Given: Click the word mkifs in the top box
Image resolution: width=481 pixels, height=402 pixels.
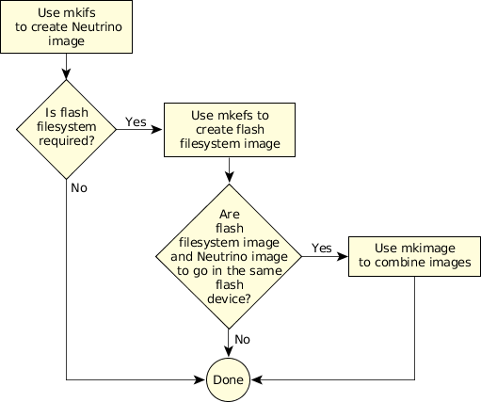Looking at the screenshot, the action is (x=79, y=13).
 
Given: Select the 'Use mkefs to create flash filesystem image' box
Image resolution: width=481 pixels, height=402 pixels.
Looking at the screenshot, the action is (x=230, y=130).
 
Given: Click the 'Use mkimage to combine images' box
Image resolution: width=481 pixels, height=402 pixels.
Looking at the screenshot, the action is (x=414, y=256).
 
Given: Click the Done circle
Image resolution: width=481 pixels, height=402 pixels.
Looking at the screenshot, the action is (x=228, y=379).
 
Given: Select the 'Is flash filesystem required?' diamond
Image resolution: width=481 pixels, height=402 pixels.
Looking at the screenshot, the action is (x=66, y=129).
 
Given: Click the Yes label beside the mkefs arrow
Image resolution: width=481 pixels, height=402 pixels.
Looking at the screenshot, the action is (x=136, y=121).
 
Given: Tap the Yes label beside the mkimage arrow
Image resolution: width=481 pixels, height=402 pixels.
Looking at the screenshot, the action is (x=322, y=248).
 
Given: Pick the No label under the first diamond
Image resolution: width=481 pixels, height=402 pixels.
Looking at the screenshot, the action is (x=79, y=187).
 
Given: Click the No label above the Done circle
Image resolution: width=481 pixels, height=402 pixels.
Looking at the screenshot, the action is (x=242, y=339).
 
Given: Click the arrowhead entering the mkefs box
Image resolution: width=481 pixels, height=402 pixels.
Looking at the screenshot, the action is (x=157, y=129).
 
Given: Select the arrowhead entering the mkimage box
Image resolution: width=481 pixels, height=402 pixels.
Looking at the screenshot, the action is (x=342, y=256).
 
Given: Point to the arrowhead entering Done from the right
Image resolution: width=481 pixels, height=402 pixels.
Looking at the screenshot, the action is (x=257, y=379).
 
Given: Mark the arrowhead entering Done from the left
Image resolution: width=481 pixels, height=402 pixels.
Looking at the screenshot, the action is (x=200, y=379).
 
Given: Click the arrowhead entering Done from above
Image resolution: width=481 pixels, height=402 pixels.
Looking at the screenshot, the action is (x=229, y=351).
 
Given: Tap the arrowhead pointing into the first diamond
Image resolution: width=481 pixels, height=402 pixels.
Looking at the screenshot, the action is (x=66, y=74).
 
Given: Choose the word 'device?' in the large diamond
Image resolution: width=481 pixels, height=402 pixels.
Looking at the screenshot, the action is (x=229, y=298).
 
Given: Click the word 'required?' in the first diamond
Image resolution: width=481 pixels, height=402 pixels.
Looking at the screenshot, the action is (x=66, y=141).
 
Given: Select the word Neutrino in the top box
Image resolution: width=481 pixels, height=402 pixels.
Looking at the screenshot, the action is (x=97, y=27).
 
